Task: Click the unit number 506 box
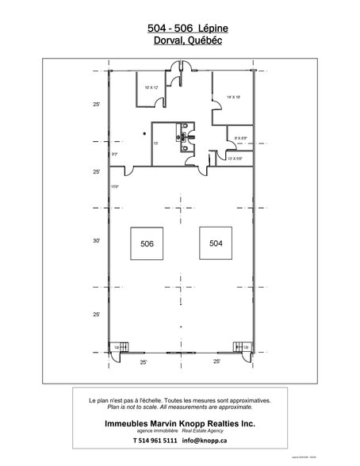146,244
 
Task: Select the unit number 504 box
216,244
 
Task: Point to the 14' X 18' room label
232,97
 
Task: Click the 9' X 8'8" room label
240,139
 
